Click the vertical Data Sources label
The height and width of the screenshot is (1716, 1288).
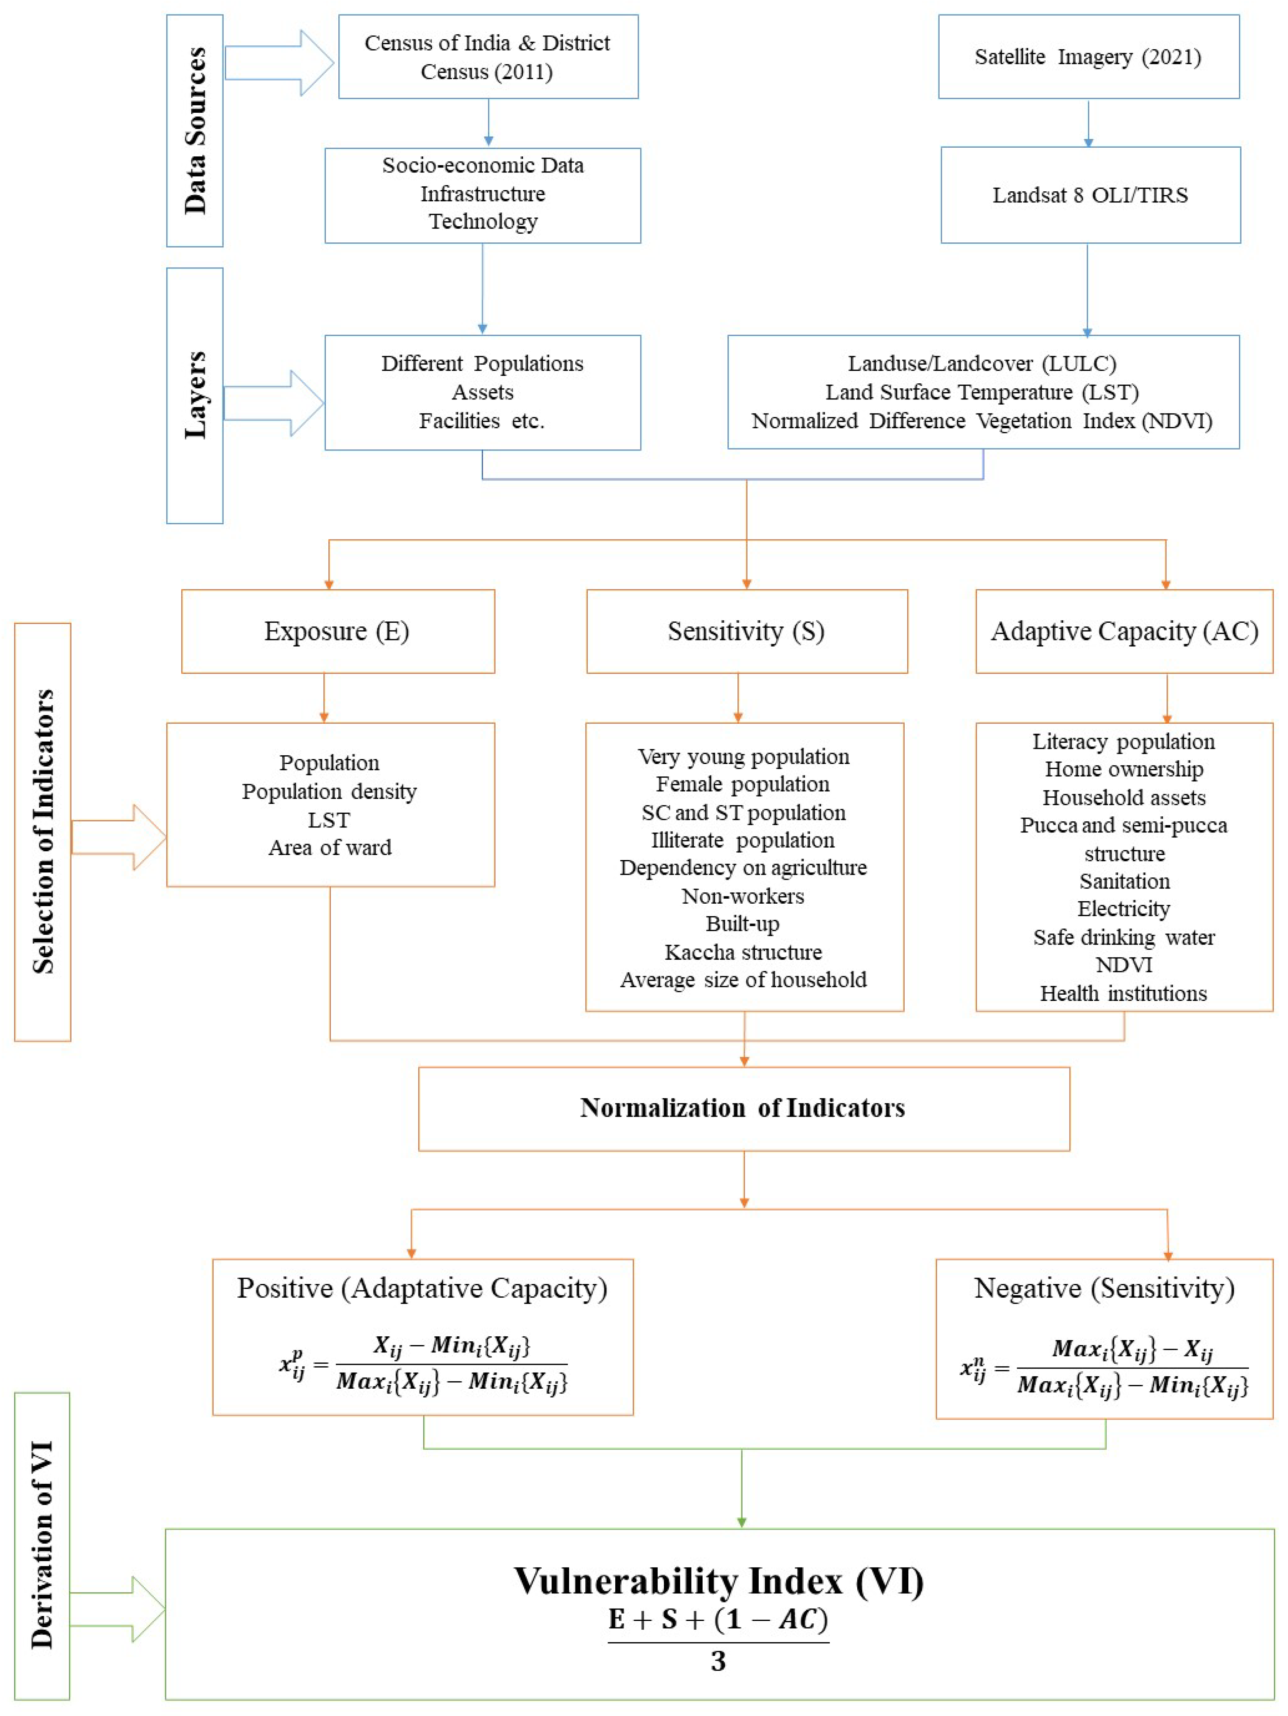tap(195, 130)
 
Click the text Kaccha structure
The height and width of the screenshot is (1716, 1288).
tap(743, 952)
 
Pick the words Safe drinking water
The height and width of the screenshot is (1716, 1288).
tap(1124, 937)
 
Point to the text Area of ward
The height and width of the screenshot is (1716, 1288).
tap(330, 847)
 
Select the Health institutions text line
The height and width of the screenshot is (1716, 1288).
tap(1124, 993)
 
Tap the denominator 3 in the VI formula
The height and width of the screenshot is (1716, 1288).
tap(718, 1661)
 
